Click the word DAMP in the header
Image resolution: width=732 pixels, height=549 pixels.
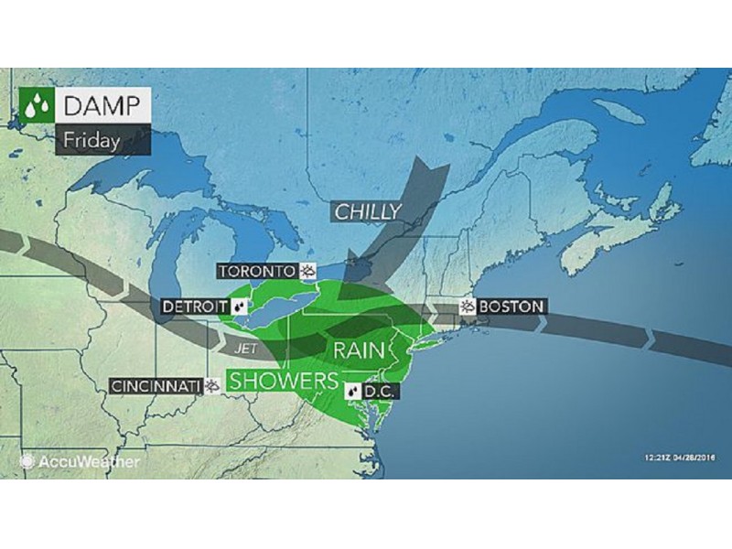(x=101, y=105)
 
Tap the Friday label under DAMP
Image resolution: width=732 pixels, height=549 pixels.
(x=91, y=141)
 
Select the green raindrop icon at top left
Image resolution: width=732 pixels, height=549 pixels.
(x=36, y=106)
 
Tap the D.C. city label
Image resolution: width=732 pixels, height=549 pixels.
(x=378, y=391)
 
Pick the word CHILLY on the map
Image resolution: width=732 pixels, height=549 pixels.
(x=367, y=212)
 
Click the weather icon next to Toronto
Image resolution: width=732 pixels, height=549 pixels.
(x=308, y=271)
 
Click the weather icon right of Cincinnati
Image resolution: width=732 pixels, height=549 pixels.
(x=212, y=385)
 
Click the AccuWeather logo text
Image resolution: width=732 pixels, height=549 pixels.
(x=89, y=462)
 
